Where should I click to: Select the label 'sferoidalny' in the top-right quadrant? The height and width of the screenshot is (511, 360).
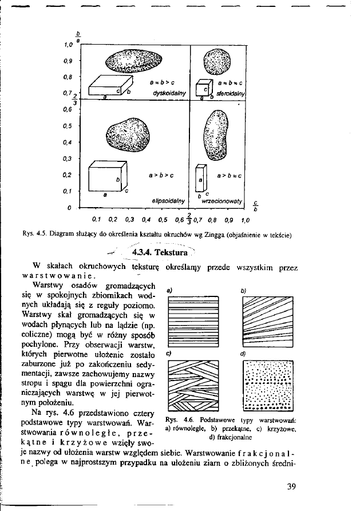tap(231, 93)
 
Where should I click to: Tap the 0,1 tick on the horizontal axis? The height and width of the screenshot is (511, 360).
tap(96, 219)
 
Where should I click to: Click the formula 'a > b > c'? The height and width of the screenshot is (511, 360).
tap(161, 172)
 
